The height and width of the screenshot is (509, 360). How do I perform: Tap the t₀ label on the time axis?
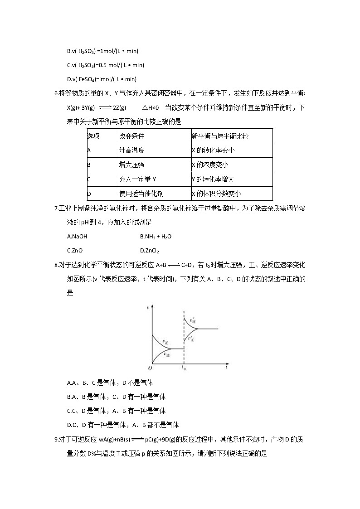(183, 368)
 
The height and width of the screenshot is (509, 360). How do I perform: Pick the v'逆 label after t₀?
(193, 320)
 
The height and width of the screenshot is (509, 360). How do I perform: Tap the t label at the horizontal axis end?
(225, 368)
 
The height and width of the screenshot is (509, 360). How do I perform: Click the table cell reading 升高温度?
(131, 150)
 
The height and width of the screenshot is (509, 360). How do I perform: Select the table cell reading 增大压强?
(131, 165)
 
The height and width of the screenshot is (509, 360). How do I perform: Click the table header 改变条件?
(131, 136)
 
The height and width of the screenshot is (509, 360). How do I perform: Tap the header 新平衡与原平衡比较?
(220, 136)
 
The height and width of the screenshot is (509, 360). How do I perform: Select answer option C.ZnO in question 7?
(75, 250)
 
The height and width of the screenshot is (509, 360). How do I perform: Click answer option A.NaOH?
(77, 237)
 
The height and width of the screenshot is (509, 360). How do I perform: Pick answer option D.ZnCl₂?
(150, 251)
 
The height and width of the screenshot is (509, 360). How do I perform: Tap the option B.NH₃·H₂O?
(156, 237)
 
